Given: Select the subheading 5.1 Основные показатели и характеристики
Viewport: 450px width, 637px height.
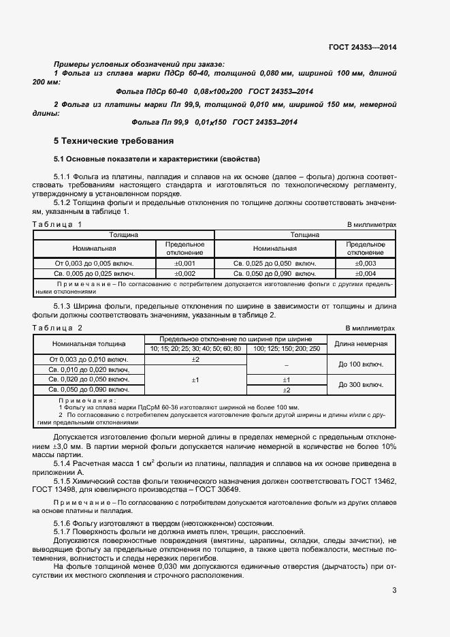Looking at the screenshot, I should tap(157, 159).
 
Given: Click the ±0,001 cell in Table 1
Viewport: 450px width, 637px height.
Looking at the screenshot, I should tap(185, 263).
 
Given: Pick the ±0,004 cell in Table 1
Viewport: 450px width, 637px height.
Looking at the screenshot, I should tap(366, 274).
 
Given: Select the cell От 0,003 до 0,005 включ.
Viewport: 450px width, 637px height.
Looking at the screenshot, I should tap(94, 263).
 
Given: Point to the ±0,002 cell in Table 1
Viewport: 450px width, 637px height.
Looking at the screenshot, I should tap(185, 274).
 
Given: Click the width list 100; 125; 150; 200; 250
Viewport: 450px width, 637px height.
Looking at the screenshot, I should tap(286, 349).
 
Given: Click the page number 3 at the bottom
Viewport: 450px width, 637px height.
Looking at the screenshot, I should tap(394, 591).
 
